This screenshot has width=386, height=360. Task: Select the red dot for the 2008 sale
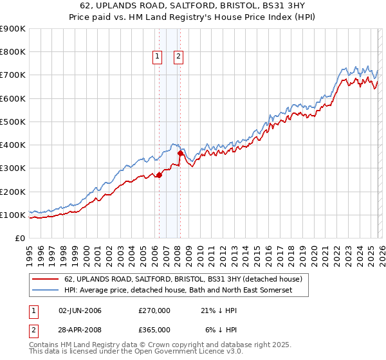[180, 153]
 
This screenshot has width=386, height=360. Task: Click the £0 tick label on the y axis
[19, 238]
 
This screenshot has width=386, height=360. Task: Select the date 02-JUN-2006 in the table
[80, 310]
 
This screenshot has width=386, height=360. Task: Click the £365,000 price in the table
[154, 329]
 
